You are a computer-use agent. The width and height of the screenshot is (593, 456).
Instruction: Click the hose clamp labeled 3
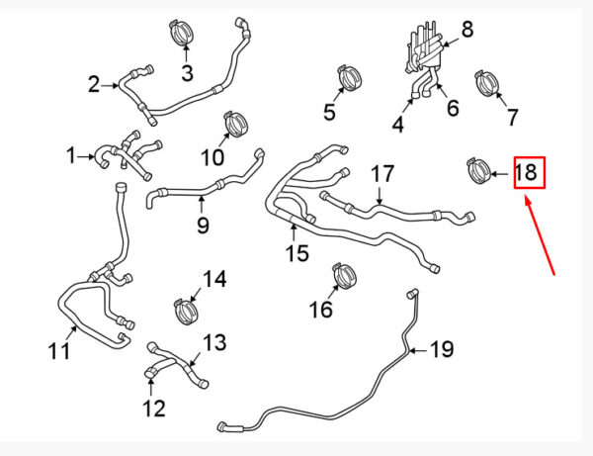tap(182, 34)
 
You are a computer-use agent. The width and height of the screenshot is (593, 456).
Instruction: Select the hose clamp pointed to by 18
tap(478, 171)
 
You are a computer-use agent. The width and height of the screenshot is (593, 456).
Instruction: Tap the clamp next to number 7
tap(486, 84)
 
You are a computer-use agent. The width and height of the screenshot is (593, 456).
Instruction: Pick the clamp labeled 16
tap(345, 276)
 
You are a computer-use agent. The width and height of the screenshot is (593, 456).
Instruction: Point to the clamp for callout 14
tap(186, 311)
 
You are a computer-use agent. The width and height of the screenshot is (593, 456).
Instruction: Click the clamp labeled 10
tap(235, 124)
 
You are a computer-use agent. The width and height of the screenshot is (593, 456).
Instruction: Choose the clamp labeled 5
tap(350, 79)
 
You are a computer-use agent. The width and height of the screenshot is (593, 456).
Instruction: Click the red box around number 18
tap(530, 172)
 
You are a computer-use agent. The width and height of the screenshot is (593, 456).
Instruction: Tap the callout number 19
tap(442, 349)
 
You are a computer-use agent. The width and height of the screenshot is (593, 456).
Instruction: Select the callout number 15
tap(297, 253)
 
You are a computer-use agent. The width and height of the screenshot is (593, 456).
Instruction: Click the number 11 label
tap(59, 351)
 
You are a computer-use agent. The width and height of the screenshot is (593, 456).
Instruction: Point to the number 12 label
tap(154, 409)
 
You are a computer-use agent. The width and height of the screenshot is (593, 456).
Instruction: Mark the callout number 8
tap(467, 29)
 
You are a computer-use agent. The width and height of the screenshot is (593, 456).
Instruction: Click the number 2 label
tap(94, 84)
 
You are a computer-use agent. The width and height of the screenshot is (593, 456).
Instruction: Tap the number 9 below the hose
tap(203, 226)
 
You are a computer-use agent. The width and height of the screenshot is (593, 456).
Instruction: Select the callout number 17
tap(382, 174)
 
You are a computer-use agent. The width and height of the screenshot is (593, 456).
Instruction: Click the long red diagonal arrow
tap(540, 234)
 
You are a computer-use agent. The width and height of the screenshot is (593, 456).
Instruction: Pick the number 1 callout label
tap(71, 155)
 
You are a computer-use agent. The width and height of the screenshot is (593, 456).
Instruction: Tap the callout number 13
tap(214, 342)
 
